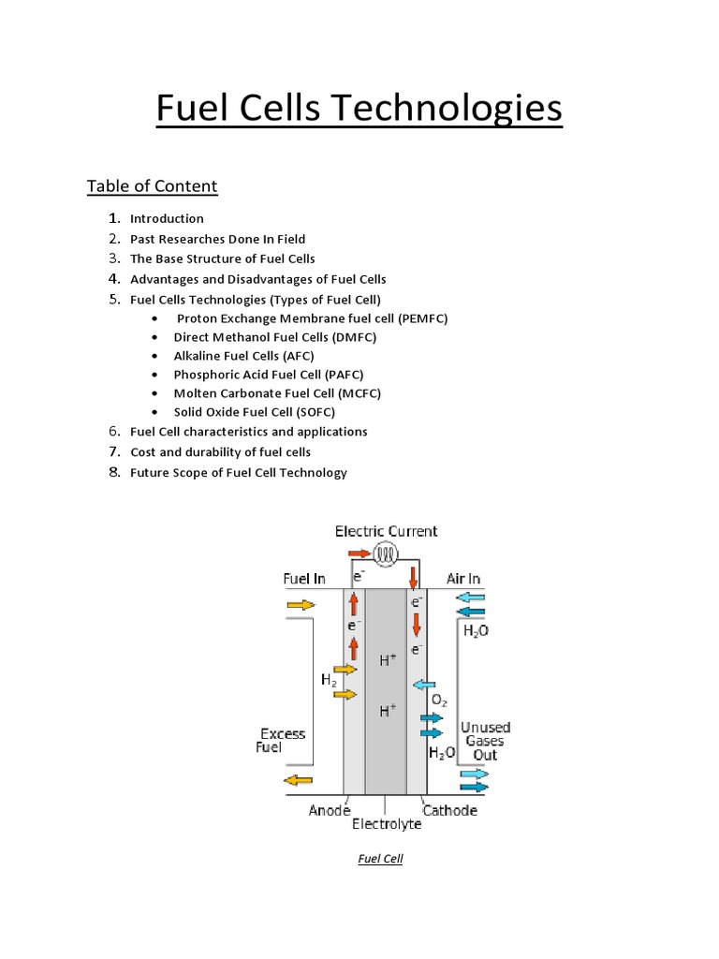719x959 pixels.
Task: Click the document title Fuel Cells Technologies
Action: [359, 110]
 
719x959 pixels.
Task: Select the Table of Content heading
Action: [152, 186]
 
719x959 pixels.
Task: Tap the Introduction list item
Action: [167, 219]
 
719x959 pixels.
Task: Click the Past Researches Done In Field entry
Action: [217, 239]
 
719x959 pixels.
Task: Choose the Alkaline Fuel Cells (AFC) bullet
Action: [243, 356]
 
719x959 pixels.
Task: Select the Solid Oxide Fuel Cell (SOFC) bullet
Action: [254, 412]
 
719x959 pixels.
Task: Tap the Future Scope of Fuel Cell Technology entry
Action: [238, 473]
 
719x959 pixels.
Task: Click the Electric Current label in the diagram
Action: [386, 532]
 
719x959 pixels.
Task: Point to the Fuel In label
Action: [304, 580]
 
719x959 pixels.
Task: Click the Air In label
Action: [463, 580]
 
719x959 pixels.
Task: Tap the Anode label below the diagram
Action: [330, 810]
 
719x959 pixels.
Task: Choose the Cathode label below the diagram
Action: [449, 810]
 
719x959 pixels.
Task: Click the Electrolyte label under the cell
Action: [387, 825]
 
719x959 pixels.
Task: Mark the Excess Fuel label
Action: [282, 741]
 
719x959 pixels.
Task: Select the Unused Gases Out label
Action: [485, 741]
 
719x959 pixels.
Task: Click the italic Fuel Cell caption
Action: [380, 859]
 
